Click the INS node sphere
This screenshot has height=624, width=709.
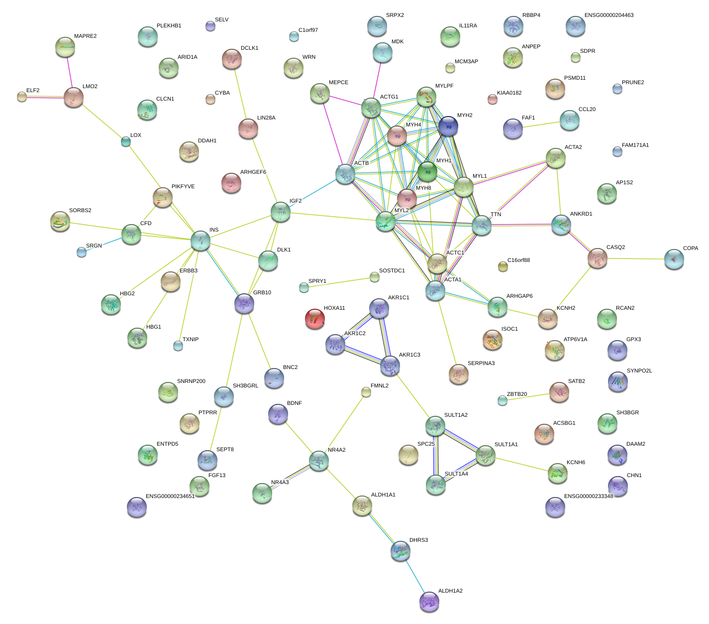(201, 241)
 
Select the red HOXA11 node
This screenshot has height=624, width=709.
(314, 318)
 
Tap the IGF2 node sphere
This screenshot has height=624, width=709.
(281, 212)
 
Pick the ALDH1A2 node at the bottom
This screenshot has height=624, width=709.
(429, 601)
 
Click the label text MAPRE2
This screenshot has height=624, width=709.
(85, 36)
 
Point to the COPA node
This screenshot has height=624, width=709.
(674, 258)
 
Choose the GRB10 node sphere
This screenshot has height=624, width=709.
(244, 303)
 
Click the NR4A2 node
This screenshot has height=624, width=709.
(318, 461)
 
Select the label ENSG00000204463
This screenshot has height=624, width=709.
(608, 15)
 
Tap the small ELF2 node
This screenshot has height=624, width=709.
(22, 96)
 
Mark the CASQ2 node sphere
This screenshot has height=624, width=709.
(597, 258)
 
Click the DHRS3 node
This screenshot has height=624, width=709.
(401, 551)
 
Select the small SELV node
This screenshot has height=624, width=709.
(210, 26)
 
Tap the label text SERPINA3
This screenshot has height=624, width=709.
(481, 364)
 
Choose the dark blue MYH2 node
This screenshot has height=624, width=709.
(448, 126)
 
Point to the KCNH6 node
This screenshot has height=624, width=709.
(557, 473)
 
